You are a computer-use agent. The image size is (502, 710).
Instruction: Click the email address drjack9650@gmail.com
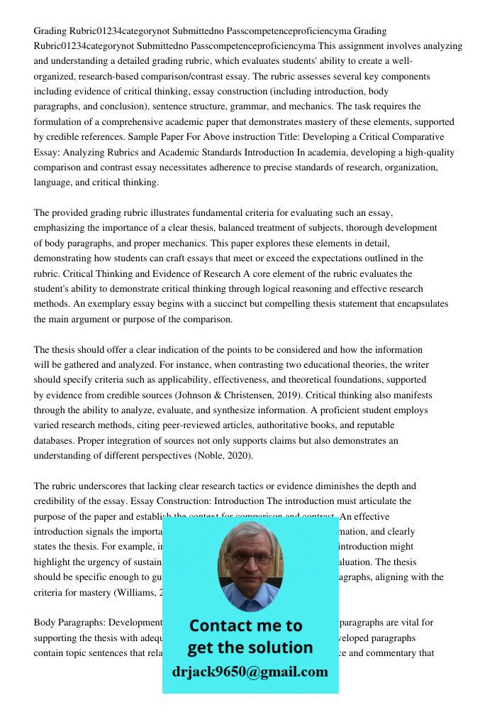pyautogui.click(x=250, y=672)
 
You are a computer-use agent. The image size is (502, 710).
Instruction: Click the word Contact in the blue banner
pyautogui.click(x=219, y=626)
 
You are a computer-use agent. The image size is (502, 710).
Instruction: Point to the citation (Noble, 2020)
pyautogui.click(x=223, y=455)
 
